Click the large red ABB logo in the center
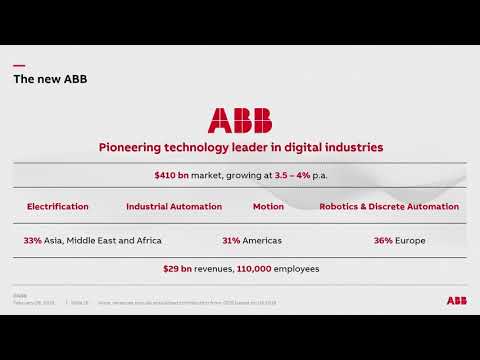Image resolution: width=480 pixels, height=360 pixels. tap(239, 120)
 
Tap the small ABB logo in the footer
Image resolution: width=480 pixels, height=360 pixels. tap(457, 299)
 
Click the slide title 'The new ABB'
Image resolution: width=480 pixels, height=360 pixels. tap(49, 79)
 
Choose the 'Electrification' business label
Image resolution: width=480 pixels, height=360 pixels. tap(57, 207)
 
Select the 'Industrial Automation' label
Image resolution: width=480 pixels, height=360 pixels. tap(174, 207)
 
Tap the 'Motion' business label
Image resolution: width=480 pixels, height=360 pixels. tap(268, 207)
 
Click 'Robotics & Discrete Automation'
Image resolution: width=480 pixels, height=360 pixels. tap(389, 207)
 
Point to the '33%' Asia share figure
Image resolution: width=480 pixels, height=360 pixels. tap(32, 240)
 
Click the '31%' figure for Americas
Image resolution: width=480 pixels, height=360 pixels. tap(231, 240)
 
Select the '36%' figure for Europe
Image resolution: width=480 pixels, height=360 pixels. tap(382, 240)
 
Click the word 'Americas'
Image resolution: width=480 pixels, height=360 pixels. tap(263, 240)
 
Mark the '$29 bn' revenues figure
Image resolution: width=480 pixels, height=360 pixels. tap(177, 269)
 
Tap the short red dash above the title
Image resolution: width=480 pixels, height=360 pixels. tap(18, 66)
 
